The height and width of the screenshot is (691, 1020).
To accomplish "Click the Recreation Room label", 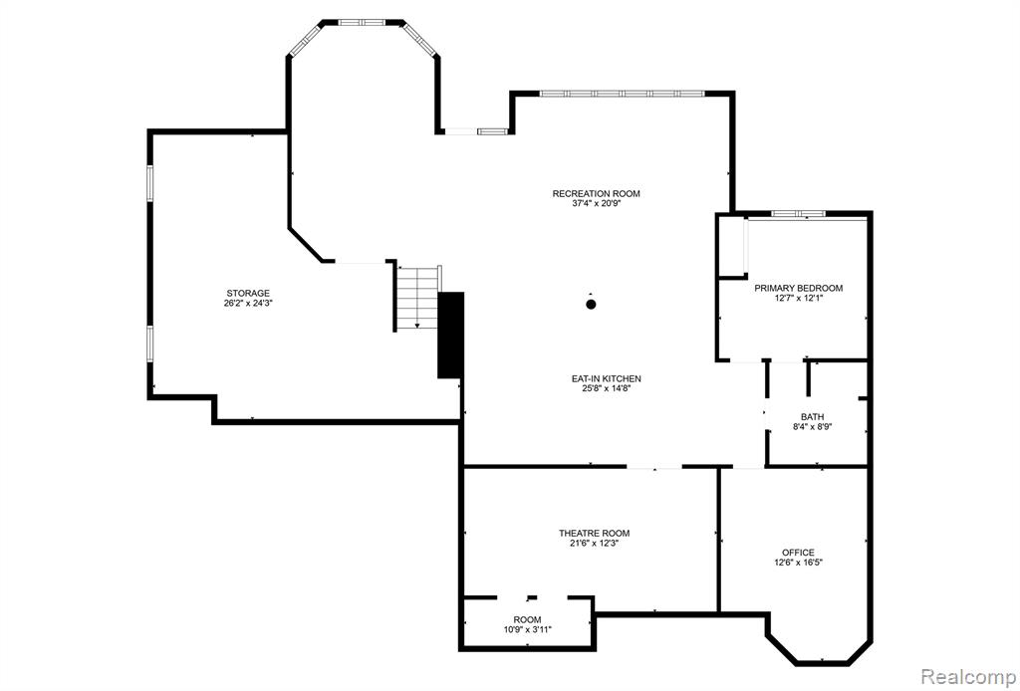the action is pyautogui.click(x=596, y=193).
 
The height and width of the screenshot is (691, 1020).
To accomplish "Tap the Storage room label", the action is pyautogui.click(x=248, y=293).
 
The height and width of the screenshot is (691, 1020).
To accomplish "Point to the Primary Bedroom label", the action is pyautogui.click(x=798, y=288).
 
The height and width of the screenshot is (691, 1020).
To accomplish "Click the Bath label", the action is pyautogui.click(x=813, y=416).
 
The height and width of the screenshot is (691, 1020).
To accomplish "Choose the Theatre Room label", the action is pyautogui.click(x=594, y=533).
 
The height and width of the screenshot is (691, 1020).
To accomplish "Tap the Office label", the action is pyautogui.click(x=798, y=553).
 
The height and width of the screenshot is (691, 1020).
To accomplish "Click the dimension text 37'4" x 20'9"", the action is pyautogui.click(x=596, y=203).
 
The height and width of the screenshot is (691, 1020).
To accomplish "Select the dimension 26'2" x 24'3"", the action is pyautogui.click(x=248, y=303).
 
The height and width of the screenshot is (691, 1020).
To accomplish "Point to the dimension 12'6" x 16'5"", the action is pyautogui.click(x=798, y=563).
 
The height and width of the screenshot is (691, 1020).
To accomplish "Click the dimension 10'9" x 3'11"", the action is pyautogui.click(x=527, y=629).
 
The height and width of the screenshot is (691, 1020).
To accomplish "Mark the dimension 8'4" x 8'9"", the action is pyautogui.click(x=813, y=427).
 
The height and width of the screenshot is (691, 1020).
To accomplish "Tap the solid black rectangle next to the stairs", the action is pyautogui.click(x=450, y=335).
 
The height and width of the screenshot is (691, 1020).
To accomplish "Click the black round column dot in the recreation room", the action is pyautogui.click(x=591, y=304).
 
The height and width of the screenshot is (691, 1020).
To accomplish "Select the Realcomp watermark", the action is pyautogui.click(x=968, y=675).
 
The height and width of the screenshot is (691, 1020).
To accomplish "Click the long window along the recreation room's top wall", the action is pyautogui.click(x=623, y=94).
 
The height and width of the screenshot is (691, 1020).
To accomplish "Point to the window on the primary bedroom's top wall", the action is pyautogui.click(x=798, y=213).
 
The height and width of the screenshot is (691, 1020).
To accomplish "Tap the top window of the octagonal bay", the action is pyautogui.click(x=363, y=22).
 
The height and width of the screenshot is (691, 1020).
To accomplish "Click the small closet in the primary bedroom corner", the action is pyautogui.click(x=732, y=246).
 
